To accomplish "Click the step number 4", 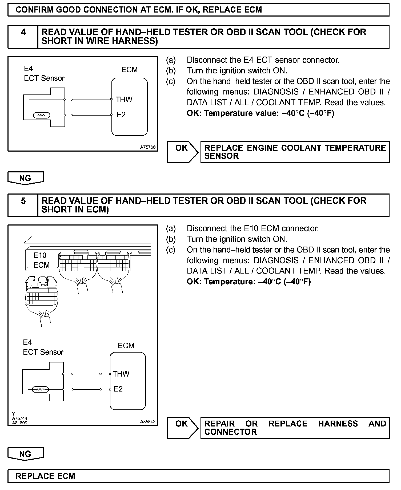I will click(23, 32).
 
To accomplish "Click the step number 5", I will click(23, 201).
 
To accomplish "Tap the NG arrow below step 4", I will click(26, 178).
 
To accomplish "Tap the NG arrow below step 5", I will click(26, 454).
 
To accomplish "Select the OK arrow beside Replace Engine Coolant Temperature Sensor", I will click(182, 152).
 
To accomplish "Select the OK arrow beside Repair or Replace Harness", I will click(182, 428).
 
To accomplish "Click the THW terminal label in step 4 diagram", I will click(124, 100).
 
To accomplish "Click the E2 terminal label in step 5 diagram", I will click(118, 389).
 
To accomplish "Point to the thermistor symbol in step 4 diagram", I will click(41, 115).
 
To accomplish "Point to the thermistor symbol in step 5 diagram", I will click(40, 389).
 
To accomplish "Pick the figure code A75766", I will click(148, 147).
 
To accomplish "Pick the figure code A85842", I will click(148, 422).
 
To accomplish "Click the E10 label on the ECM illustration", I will click(40, 255).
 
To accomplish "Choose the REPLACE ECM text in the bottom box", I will click(46, 476).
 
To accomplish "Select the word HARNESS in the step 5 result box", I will click(338, 424).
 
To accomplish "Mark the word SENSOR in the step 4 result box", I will click(221, 156).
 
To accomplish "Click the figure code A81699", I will click(20, 423).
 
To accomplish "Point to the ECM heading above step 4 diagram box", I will click(130, 70).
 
